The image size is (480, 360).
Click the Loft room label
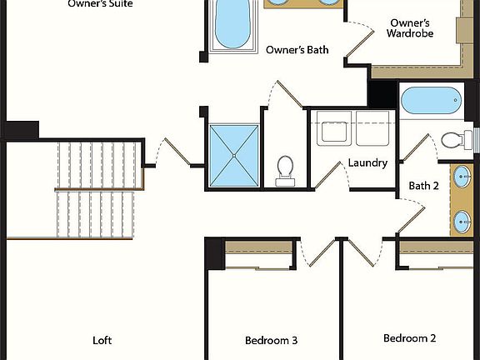pyautogui.click(x=102, y=340)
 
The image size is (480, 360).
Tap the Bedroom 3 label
pyautogui.click(x=271, y=340)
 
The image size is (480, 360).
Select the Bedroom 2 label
pyautogui.click(x=409, y=338)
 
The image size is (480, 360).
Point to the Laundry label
pyautogui.click(x=367, y=162)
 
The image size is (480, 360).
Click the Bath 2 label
pyautogui.click(x=423, y=185)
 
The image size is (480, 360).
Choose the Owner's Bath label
pyautogui.click(x=297, y=50)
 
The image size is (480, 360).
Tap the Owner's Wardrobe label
pyautogui.click(x=408, y=27)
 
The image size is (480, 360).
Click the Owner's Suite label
pyautogui.click(x=100, y=3)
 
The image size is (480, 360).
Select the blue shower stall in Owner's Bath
pyautogui.click(x=234, y=155)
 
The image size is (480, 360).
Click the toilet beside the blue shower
pyautogui.click(x=285, y=169)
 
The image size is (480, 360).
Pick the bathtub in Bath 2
pyautogui.click(x=430, y=102)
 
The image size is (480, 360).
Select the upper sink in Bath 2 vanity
pyautogui.click(x=462, y=177)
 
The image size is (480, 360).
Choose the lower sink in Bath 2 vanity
pyautogui.click(x=462, y=221)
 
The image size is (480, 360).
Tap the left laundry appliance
pyautogui.click(x=333, y=131)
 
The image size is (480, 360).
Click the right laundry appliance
pyautogui.click(x=372, y=131)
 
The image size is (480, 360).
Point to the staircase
pyautogui.click(x=93, y=189)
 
